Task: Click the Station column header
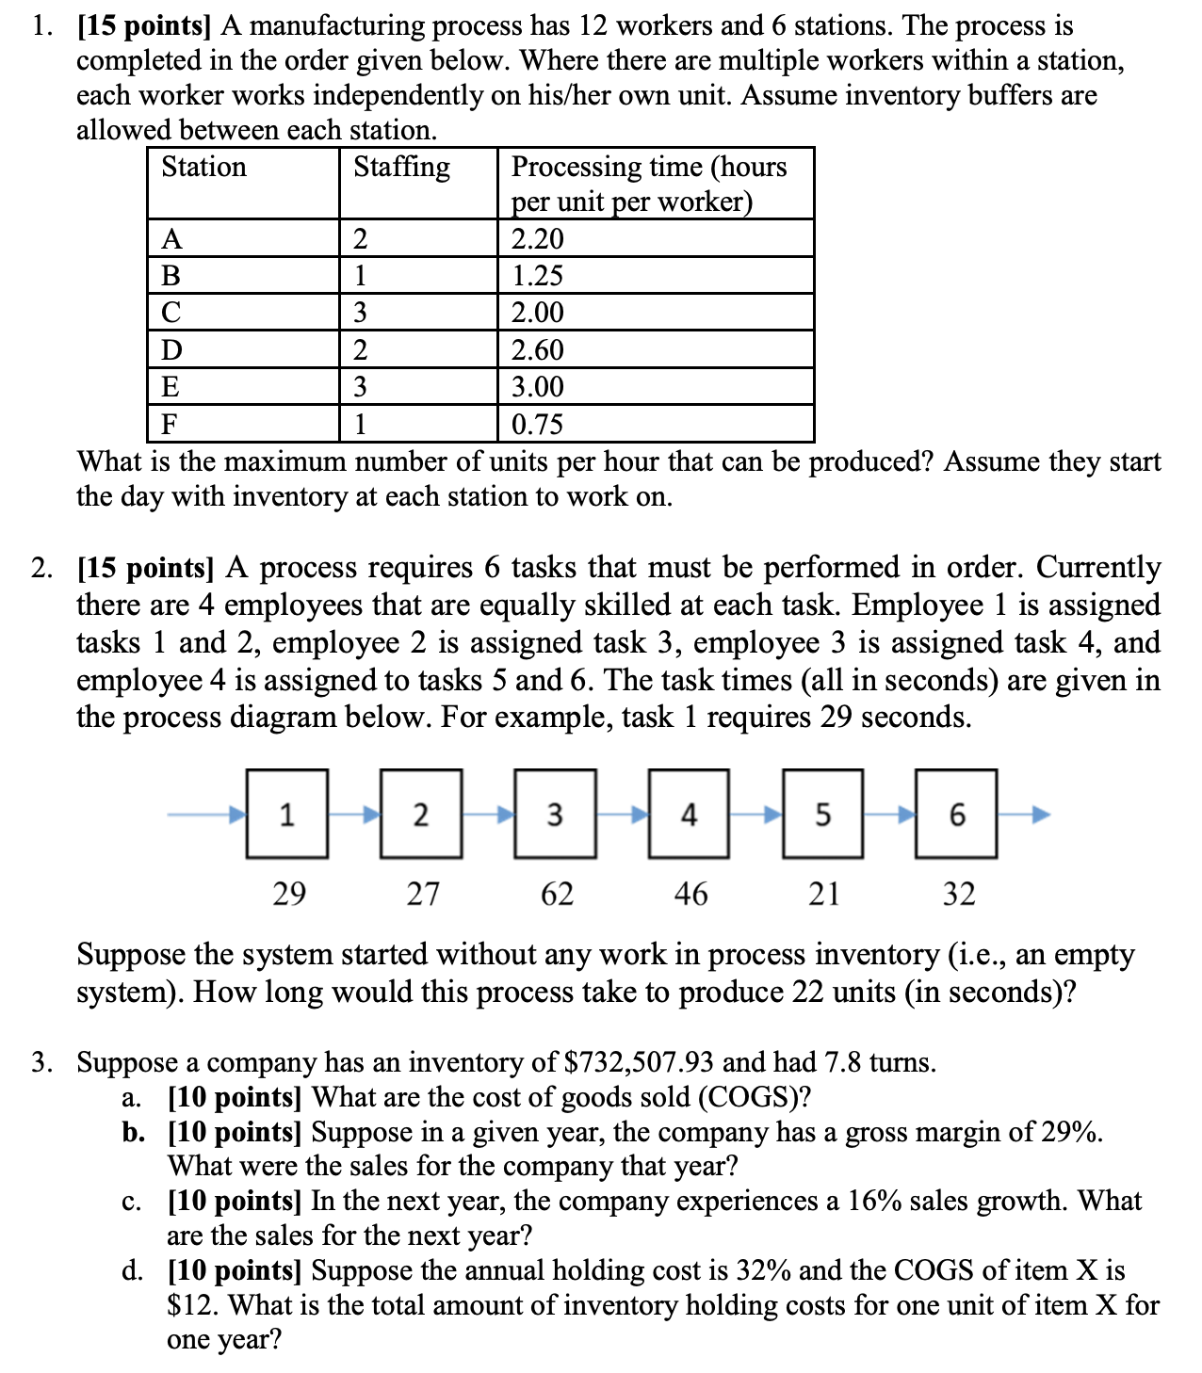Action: click(204, 167)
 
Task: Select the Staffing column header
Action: click(401, 167)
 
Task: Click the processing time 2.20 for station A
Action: click(537, 238)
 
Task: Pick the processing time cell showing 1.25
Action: click(537, 275)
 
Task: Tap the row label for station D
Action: click(171, 349)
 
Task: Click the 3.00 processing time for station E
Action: click(537, 386)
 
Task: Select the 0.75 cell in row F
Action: click(537, 424)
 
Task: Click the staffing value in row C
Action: click(360, 313)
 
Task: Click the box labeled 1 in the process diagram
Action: click(287, 814)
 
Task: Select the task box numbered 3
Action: click(555, 814)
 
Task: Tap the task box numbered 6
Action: click(956, 814)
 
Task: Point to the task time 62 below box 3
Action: click(557, 893)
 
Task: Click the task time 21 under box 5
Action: click(824, 893)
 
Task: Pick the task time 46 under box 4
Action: click(690, 893)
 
